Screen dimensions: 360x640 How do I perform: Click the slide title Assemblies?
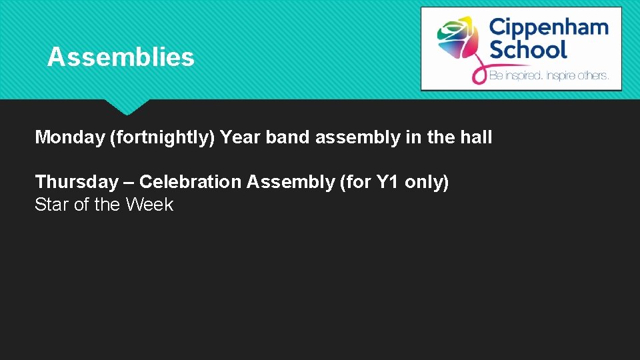[121, 57]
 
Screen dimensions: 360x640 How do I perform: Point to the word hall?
[476, 137]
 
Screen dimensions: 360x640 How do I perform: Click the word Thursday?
[76, 182]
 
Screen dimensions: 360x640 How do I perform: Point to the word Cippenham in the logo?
[549, 27]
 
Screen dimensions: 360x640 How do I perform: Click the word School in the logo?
[528, 49]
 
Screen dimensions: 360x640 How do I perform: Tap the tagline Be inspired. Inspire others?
[549, 76]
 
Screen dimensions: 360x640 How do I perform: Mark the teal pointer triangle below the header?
[127, 105]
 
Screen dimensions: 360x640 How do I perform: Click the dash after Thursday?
[127, 182]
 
